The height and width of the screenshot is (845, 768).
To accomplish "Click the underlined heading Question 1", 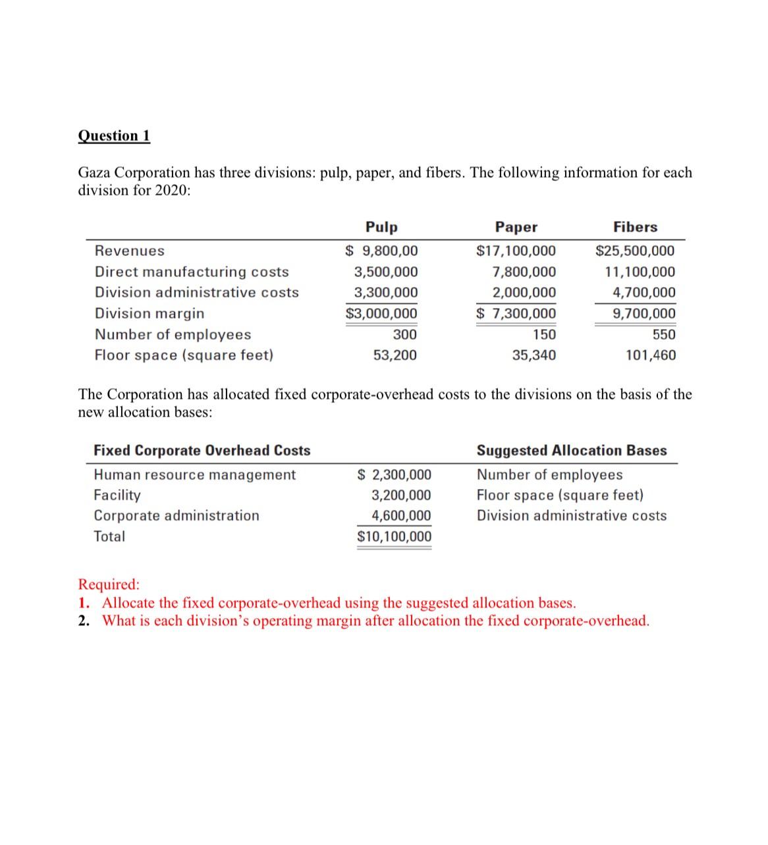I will (x=114, y=136).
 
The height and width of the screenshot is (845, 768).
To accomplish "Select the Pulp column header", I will (x=381, y=227).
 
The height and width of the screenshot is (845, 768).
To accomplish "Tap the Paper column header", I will (x=516, y=227).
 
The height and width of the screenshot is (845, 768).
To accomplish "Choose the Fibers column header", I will (x=635, y=227).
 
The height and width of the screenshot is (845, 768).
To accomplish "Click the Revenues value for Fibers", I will (x=635, y=251).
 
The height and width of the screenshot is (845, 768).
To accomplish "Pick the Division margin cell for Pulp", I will (x=381, y=313).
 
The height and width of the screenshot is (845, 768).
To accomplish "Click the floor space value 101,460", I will (x=650, y=355).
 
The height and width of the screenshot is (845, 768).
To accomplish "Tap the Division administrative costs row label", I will (x=196, y=292).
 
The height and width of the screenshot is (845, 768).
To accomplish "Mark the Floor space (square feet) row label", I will (x=184, y=355).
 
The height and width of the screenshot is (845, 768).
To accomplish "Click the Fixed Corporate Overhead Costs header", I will (x=202, y=451).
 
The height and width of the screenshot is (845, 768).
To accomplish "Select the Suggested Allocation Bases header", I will (x=571, y=451).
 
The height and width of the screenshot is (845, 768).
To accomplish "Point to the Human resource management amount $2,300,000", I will (x=394, y=474).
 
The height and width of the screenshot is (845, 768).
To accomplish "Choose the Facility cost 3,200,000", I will (x=401, y=495).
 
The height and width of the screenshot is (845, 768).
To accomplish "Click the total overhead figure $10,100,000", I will (x=394, y=536).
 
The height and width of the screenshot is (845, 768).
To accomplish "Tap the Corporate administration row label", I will (x=177, y=515).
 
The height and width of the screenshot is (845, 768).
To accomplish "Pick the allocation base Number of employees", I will (x=549, y=474).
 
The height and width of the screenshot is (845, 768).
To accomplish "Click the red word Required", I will (x=109, y=584).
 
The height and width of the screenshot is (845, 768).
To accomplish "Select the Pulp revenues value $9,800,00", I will (x=381, y=251).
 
